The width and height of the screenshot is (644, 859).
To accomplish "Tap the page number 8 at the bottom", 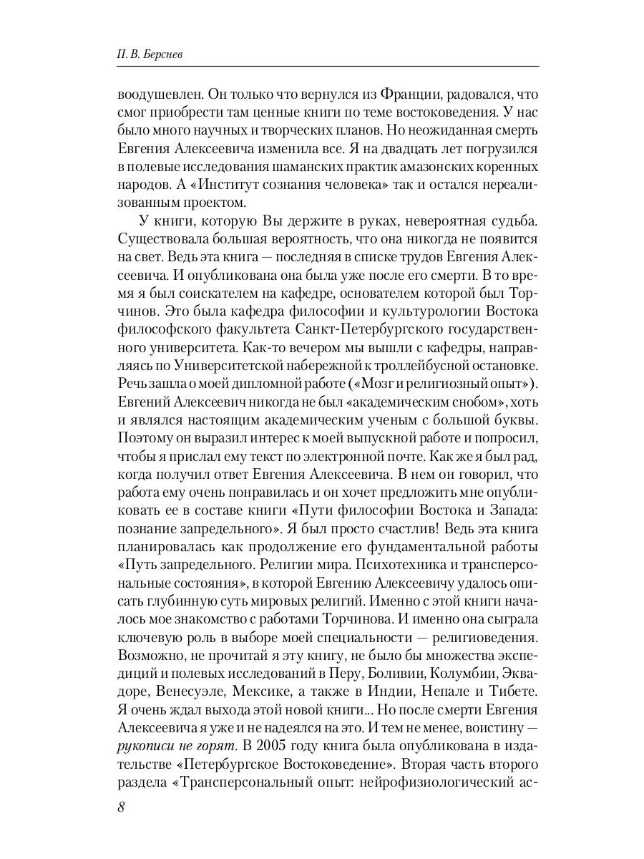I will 121,807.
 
